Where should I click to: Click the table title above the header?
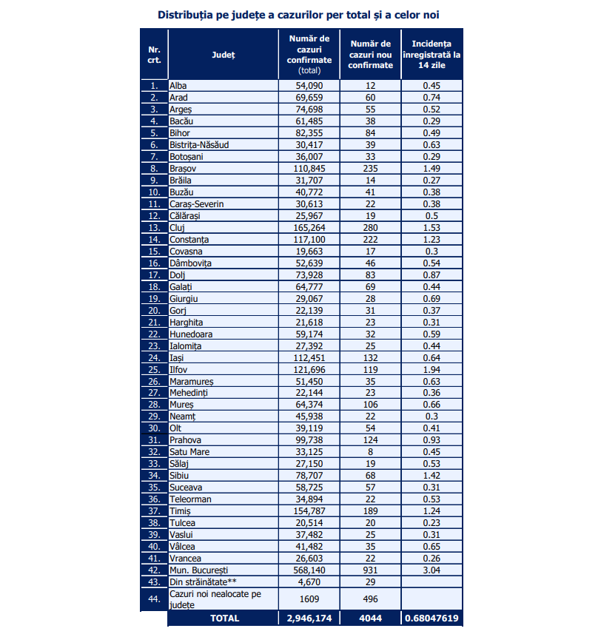coord(303,15)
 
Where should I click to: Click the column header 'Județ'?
coord(223,55)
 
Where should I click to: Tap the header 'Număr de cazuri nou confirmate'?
coord(371,55)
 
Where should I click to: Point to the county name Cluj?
coord(177,228)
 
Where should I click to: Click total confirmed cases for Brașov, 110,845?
coord(309,169)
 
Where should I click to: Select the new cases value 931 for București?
coord(371,570)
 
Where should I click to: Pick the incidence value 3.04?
coord(432,570)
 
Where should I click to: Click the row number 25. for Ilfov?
coord(154,369)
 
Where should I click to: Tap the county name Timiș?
coord(180,511)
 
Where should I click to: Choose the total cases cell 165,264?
coord(309,228)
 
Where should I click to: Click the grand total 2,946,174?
coord(309,617)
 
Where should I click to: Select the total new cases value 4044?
coord(371,617)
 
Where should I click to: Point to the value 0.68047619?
coord(432,617)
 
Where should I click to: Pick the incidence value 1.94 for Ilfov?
coord(432,369)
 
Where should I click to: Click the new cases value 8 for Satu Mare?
coord(371,452)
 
